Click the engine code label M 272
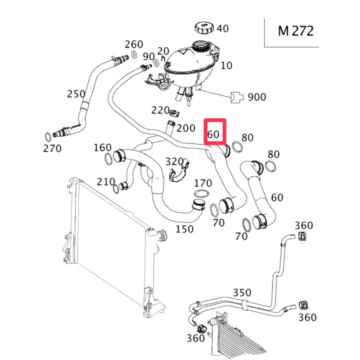click(295, 30)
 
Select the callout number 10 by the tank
click(226, 66)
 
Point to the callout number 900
click(257, 97)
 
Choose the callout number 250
click(76, 94)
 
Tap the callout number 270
click(52, 149)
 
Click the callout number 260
click(134, 44)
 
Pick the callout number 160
click(102, 148)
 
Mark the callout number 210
click(106, 182)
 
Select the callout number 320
click(174, 162)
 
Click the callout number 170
click(203, 183)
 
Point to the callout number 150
click(184, 229)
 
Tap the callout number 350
click(242, 293)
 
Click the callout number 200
click(186, 128)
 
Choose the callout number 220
click(160, 110)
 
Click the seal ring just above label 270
click(48, 136)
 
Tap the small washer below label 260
click(134, 55)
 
